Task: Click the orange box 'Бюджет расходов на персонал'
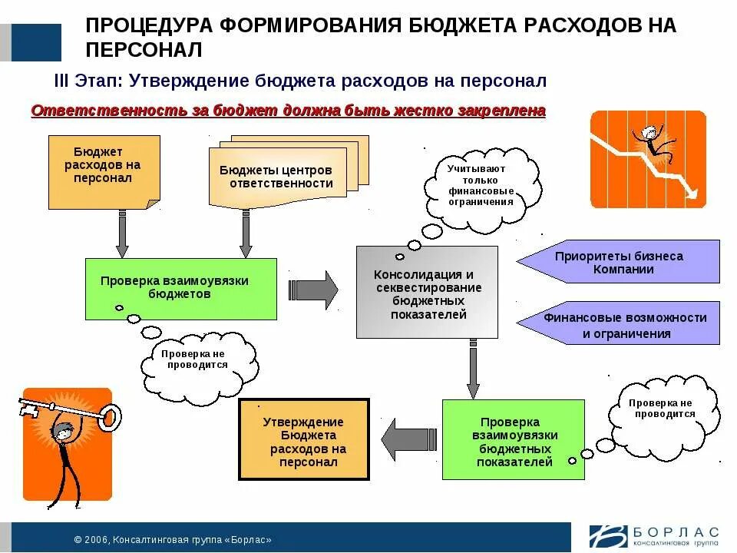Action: [104, 171]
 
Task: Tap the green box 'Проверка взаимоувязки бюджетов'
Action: [180, 288]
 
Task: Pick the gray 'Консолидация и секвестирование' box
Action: [426, 292]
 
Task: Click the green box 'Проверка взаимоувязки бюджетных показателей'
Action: [513, 439]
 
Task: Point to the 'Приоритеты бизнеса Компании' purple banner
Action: [619, 262]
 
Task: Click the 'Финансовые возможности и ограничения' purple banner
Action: [619, 323]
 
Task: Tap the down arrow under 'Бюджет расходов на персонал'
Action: [122, 233]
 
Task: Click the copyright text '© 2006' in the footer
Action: [92, 540]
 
